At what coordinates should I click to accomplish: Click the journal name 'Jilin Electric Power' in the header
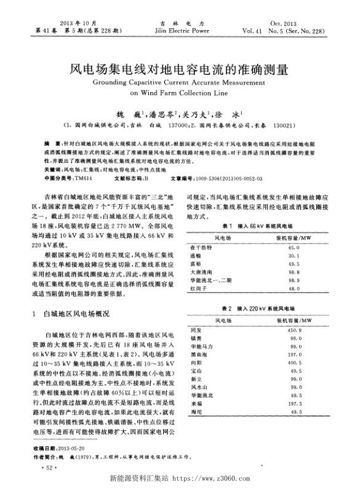pos(180,28)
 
